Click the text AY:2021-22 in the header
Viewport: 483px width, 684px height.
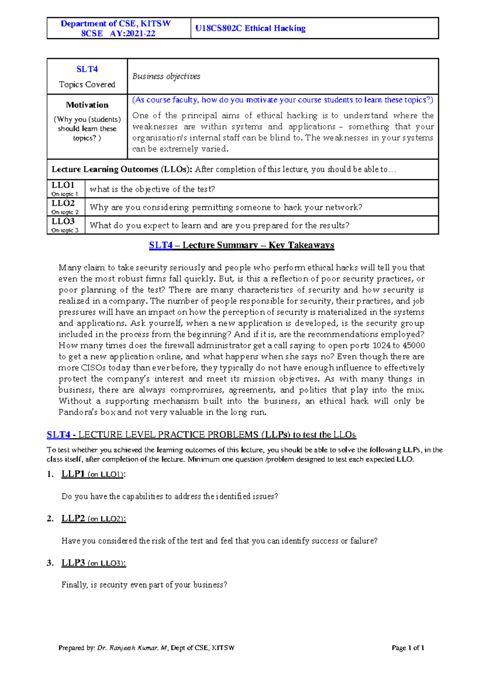pos(132,33)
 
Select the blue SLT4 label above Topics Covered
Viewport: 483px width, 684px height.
pos(87,69)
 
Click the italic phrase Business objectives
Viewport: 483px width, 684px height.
pos(166,77)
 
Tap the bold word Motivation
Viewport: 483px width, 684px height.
pos(87,105)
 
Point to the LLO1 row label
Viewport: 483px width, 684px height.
pos(63,185)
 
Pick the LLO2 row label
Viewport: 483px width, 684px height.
pos(63,203)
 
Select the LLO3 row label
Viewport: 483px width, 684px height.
pos(63,222)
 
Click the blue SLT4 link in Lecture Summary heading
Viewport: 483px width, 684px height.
pos(161,245)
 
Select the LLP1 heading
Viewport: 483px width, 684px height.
pos(73,474)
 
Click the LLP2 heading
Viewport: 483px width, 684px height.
pos(73,518)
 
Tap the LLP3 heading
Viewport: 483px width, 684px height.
pos(73,563)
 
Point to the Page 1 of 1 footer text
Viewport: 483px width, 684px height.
pos(408,648)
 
